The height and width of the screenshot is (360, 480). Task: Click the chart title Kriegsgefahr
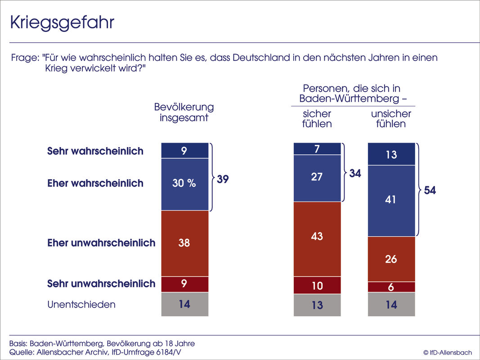pyautogui.click(x=62, y=23)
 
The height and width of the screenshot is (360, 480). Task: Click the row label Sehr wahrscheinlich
pyautogui.click(x=95, y=151)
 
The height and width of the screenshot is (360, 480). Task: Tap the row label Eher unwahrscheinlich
pyautogui.click(x=101, y=243)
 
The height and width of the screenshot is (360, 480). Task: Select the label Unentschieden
pyautogui.click(x=81, y=305)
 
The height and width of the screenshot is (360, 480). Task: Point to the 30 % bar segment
pyautogui.click(x=185, y=184)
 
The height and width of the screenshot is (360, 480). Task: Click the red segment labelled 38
pyautogui.click(x=185, y=243)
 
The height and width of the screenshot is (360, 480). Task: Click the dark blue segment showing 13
pyautogui.click(x=391, y=154)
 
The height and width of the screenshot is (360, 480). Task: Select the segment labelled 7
pyautogui.click(x=317, y=149)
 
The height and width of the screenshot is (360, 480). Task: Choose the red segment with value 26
pyautogui.click(x=391, y=259)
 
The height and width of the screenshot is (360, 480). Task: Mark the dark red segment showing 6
pyautogui.click(x=391, y=287)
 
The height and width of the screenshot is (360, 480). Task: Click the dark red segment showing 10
pyautogui.click(x=317, y=285)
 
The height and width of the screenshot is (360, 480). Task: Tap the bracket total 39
pyautogui.click(x=222, y=179)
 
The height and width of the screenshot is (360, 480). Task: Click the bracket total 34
pyautogui.click(x=355, y=173)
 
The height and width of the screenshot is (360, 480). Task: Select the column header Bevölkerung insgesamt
pyautogui.click(x=184, y=112)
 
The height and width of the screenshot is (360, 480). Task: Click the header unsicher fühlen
pyautogui.click(x=391, y=119)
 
